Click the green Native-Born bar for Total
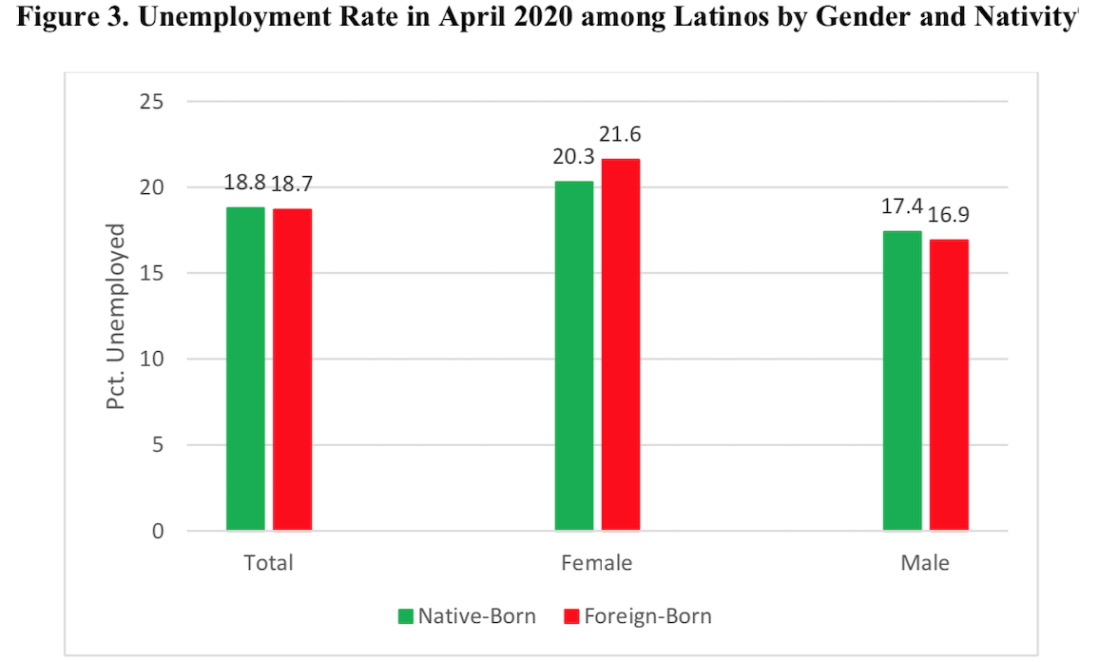pos(245,368)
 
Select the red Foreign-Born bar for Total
pos(292,369)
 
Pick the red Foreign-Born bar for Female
pos(620,344)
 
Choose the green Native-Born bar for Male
pos(902,380)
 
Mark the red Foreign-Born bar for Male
pos(949,384)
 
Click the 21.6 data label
pos(621,135)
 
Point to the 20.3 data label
pos(574,155)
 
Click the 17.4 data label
pos(900,204)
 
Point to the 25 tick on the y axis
pos(152,101)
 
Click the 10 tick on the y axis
pos(152,359)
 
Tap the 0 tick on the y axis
pos(158,531)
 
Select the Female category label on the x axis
pos(597,563)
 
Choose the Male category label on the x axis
pos(925,563)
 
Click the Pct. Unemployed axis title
pos(115,316)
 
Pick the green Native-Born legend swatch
pos(405,616)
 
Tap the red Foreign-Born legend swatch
pos(570,616)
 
